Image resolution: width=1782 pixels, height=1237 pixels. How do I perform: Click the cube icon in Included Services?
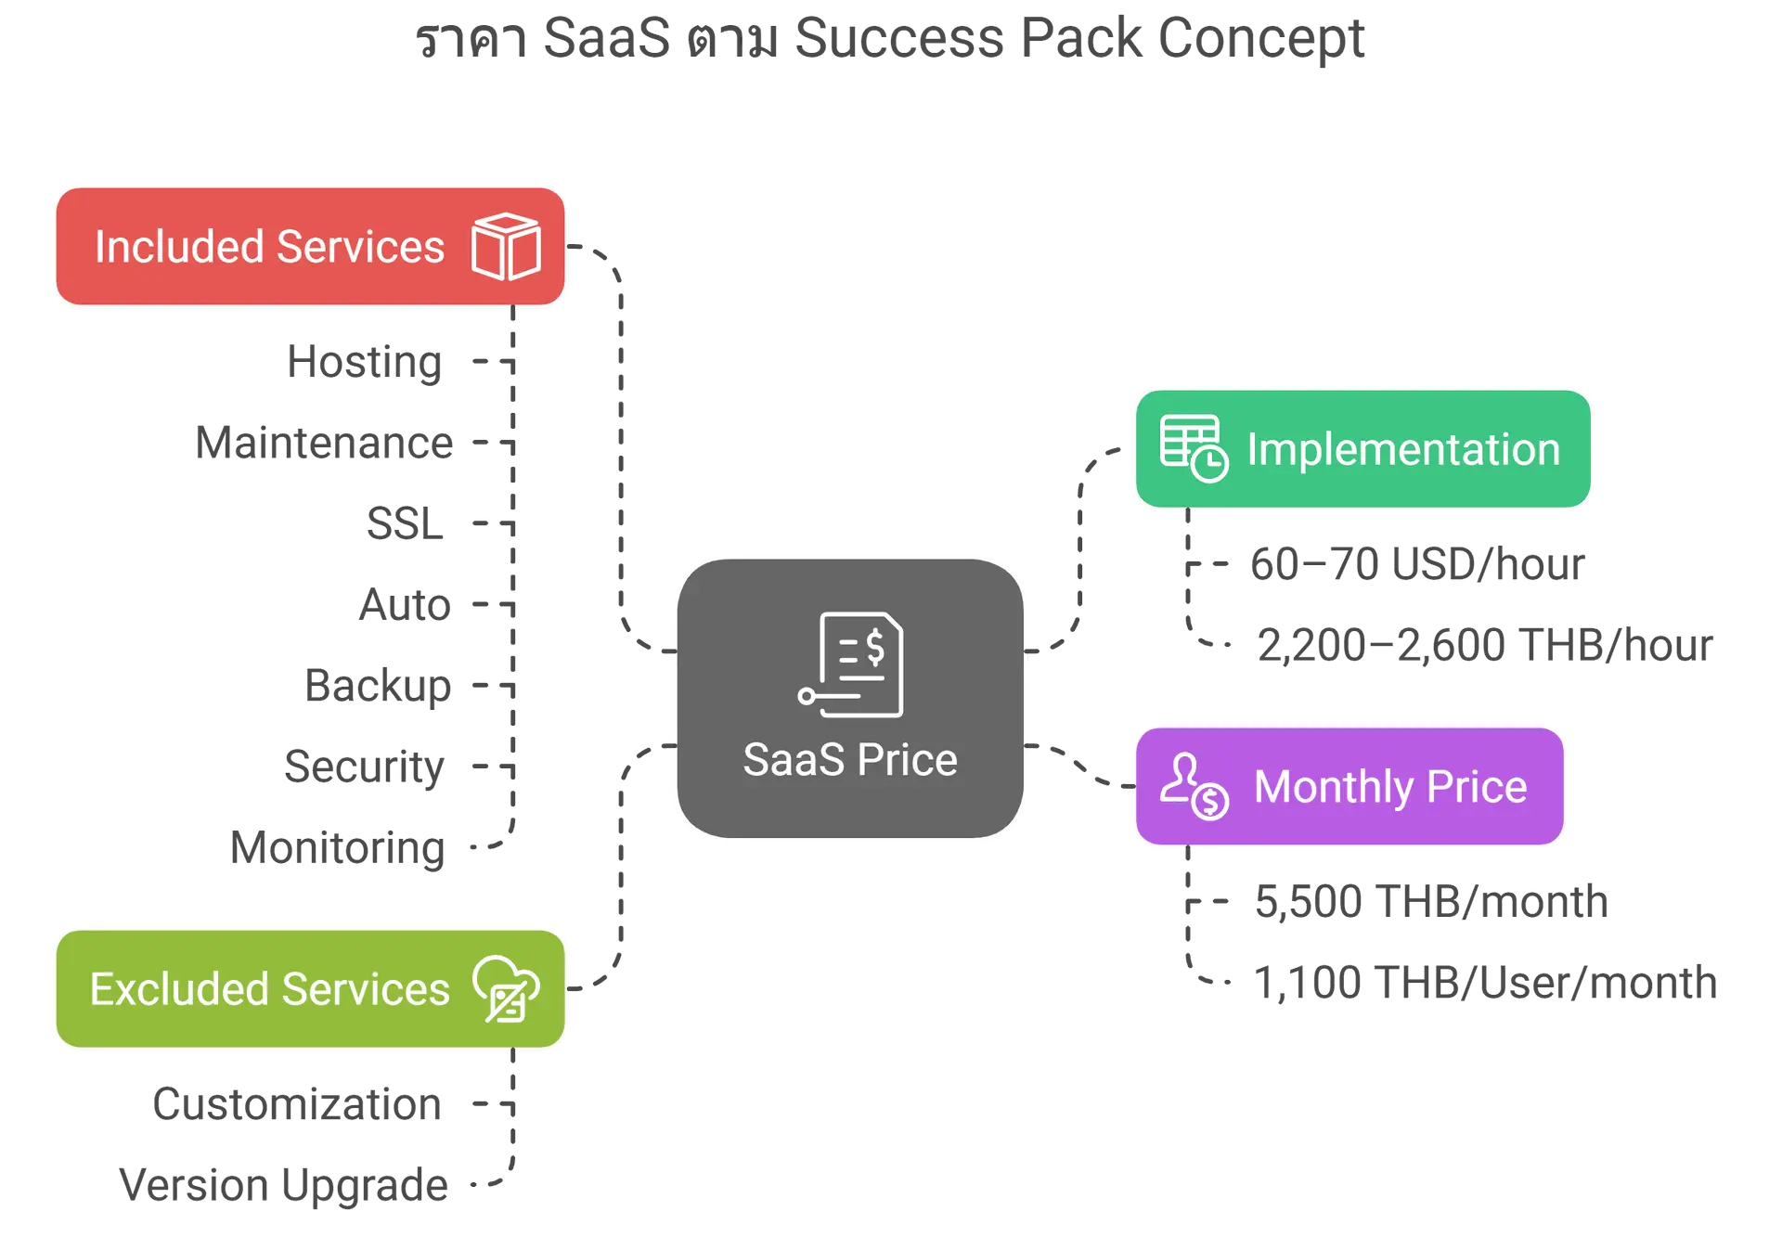click(x=506, y=246)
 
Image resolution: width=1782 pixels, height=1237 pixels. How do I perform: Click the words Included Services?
click(x=269, y=247)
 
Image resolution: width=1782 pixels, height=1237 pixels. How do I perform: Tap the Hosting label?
click(x=364, y=362)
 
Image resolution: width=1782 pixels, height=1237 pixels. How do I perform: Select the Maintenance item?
click(x=326, y=444)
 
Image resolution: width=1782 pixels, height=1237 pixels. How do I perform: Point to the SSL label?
click(x=404, y=523)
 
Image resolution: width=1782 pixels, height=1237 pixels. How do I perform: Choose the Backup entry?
click(x=379, y=685)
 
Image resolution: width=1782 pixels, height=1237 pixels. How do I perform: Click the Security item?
click(x=365, y=767)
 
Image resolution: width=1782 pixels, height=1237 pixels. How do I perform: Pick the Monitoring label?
click(x=339, y=847)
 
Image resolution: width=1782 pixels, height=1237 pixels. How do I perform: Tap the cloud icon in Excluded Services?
click(x=506, y=988)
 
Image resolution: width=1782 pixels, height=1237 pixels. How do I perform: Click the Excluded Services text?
click(x=269, y=989)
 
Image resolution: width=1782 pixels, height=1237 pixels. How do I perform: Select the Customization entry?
click(x=298, y=1104)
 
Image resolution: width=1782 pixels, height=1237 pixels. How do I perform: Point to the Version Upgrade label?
click(x=284, y=1185)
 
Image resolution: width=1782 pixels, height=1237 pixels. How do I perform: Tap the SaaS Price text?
click(x=850, y=759)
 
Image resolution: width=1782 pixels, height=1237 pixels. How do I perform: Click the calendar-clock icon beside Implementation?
click(x=1194, y=448)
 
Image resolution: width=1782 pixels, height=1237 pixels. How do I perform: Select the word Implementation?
click(x=1403, y=449)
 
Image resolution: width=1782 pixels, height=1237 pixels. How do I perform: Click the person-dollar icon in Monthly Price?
click(x=1194, y=786)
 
